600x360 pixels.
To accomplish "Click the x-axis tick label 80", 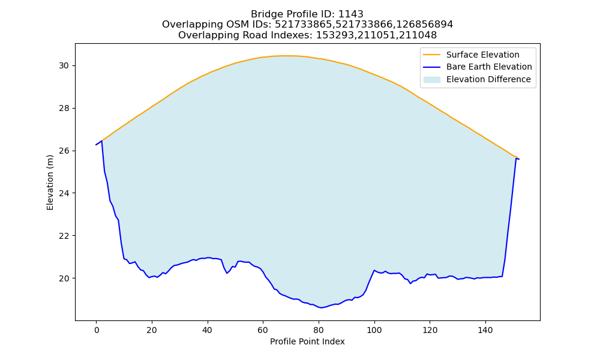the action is pyautogui.click(x=319, y=330).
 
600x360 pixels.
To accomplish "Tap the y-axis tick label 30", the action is pyautogui.click(x=64, y=66).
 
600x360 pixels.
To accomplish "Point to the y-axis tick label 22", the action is pyautogui.click(x=64, y=236).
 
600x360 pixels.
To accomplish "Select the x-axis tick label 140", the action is pyautogui.click(x=485, y=330).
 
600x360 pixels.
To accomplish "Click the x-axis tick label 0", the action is pyautogui.click(x=97, y=330).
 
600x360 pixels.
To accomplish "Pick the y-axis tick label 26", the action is pyautogui.click(x=64, y=151).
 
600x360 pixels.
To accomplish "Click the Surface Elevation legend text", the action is pyautogui.click(x=483, y=55).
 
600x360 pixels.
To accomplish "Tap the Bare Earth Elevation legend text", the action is pyautogui.click(x=489, y=67).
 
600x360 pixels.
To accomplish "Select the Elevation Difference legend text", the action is pyautogui.click(x=488, y=79).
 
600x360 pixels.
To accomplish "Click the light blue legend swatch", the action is pyautogui.click(x=431, y=80).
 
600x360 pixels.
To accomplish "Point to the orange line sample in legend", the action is pyautogui.click(x=431, y=55).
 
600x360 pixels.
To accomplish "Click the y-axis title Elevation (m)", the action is pyautogui.click(x=50, y=182).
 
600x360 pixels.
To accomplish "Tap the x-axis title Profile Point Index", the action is pyautogui.click(x=307, y=341).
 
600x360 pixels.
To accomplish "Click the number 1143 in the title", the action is pyautogui.click(x=351, y=14).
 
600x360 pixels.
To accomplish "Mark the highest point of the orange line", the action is pyautogui.click(x=283, y=56).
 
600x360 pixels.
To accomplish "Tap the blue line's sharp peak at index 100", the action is pyautogui.click(x=374, y=270).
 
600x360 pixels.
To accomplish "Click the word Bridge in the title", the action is pyautogui.click(x=265, y=14).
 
